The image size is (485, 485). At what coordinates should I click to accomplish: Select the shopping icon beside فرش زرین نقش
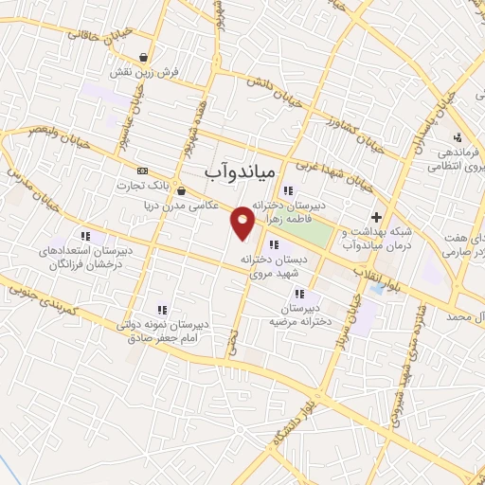coord(143,57)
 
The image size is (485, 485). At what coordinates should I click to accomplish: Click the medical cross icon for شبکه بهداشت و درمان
coord(376,217)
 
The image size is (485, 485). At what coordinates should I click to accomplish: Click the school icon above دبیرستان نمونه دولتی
coord(163,309)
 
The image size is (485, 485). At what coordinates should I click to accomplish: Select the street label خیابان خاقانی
coord(90,33)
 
